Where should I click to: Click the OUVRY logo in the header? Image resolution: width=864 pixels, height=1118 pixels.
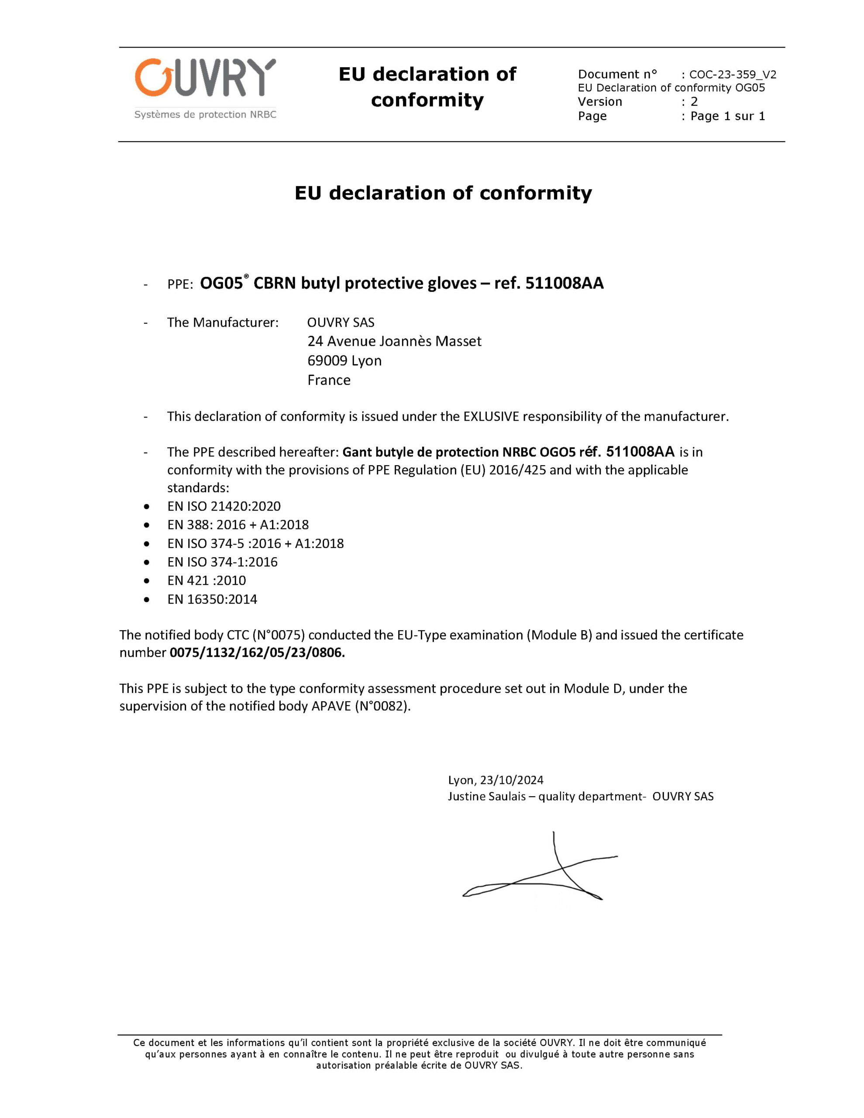click(205, 78)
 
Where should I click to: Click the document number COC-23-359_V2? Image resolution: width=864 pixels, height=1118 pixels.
click(733, 75)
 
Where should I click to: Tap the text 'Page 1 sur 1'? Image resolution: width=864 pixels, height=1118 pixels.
click(727, 116)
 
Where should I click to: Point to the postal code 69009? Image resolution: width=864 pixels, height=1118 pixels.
click(327, 361)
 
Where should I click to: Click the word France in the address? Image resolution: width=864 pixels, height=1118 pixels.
click(329, 380)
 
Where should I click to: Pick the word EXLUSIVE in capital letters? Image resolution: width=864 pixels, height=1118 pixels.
click(491, 417)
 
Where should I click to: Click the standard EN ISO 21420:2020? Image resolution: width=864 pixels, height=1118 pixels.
click(224, 506)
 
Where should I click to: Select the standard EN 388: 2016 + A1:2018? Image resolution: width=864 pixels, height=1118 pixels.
click(238, 524)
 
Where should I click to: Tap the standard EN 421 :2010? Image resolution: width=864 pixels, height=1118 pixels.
click(206, 580)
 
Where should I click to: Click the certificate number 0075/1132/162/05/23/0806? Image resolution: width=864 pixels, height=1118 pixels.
click(257, 653)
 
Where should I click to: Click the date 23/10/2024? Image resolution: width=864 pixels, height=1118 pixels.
click(511, 780)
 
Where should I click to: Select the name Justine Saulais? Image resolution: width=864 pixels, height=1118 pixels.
click(486, 797)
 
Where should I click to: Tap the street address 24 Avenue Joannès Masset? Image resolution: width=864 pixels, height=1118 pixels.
click(394, 342)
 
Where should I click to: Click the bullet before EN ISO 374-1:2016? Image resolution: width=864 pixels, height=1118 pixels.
click(147, 562)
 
